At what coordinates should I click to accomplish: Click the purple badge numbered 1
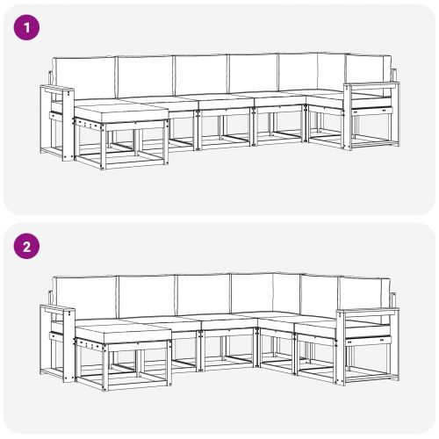click(28, 27)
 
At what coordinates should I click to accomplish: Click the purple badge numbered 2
click(28, 247)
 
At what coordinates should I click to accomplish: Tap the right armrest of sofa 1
click(370, 87)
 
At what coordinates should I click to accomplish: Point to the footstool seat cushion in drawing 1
click(119, 112)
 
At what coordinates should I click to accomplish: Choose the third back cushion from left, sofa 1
click(201, 76)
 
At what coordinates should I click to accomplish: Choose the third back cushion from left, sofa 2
click(203, 295)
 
